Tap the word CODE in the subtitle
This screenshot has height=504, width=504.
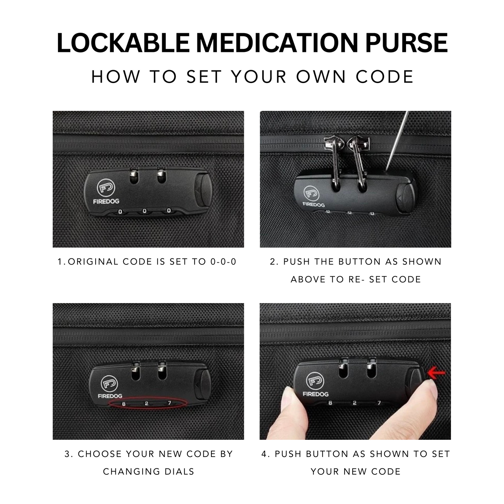pyautogui.click(x=385, y=77)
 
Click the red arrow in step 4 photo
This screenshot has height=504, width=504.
pyautogui.click(x=436, y=373)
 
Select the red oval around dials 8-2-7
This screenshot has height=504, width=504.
pyautogui.click(x=148, y=404)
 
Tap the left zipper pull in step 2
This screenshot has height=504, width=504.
pyautogui.click(x=333, y=160)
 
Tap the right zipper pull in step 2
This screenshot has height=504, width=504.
pyautogui.click(x=358, y=160)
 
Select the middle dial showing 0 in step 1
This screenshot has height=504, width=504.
pyautogui.click(x=144, y=211)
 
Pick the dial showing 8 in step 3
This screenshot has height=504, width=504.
pyautogui.click(x=123, y=404)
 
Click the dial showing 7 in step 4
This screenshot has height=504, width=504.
pyautogui.click(x=379, y=403)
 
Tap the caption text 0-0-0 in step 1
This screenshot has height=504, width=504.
pyautogui.click(x=223, y=262)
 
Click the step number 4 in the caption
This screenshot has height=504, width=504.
pyautogui.click(x=264, y=454)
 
